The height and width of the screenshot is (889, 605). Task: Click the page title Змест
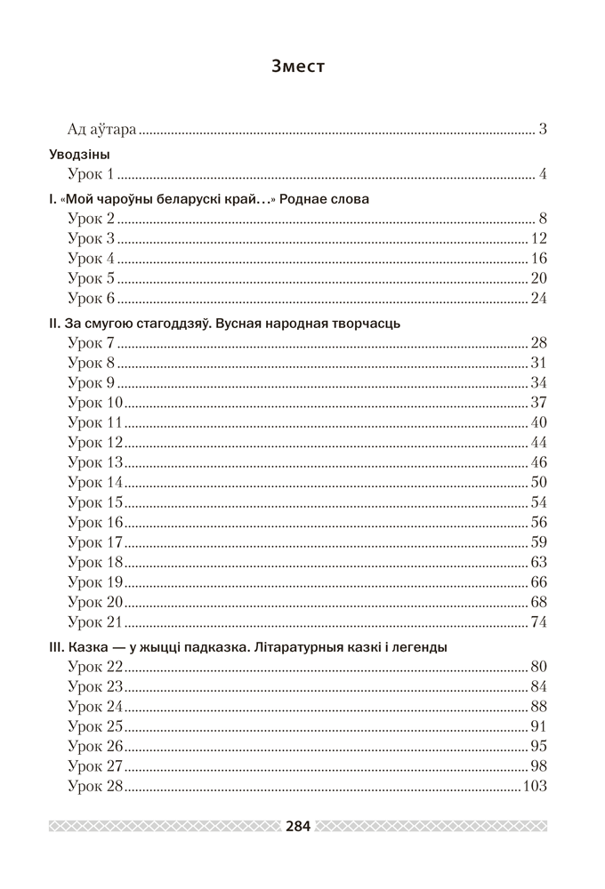click(x=298, y=66)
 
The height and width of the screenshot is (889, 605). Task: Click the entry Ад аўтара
click(x=102, y=130)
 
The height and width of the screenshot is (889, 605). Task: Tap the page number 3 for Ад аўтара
click(x=542, y=130)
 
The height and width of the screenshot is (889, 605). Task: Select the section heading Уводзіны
click(x=85, y=154)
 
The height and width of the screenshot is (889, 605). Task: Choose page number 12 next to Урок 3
click(x=538, y=238)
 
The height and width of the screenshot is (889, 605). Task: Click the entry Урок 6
click(x=92, y=298)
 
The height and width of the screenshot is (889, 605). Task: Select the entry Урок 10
click(x=95, y=403)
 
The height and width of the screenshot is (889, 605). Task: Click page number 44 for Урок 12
click(x=538, y=442)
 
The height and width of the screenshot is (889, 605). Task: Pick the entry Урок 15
click(x=95, y=502)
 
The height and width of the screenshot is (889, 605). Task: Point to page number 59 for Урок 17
click(x=538, y=541)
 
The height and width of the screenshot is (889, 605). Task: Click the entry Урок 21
click(x=95, y=621)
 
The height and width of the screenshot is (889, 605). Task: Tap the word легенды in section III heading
click(x=417, y=647)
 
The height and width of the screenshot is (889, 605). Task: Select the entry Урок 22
click(x=95, y=667)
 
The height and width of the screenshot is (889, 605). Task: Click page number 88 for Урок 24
click(x=538, y=707)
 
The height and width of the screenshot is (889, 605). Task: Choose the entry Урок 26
click(x=95, y=746)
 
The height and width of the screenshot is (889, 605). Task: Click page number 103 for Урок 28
click(x=535, y=786)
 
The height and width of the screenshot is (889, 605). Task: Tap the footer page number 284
click(x=298, y=826)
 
